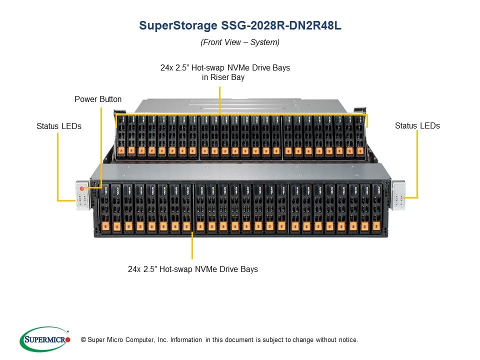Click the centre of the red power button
coord(81,188)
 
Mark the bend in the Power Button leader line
coord(101,187)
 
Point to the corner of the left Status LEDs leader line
coord(58,201)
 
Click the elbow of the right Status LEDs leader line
coord(417,197)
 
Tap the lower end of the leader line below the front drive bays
coord(192,258)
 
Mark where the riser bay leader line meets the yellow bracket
coord(220,115)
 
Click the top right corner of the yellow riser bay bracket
coord(367,115)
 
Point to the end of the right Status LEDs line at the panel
coord(404,198)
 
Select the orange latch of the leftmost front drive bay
coord(105,226)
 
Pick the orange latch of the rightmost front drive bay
coord(376,226)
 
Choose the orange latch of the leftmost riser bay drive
coord(121,150)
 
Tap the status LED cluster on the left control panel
coord(82,199)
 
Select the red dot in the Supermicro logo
coord(67,339)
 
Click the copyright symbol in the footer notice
coord(83,340)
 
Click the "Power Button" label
coord(98,99)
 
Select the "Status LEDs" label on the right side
coord(417,125)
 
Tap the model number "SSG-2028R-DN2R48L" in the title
coord(281,25)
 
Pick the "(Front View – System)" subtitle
coord(240,42)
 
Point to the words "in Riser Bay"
coord(223,77)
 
